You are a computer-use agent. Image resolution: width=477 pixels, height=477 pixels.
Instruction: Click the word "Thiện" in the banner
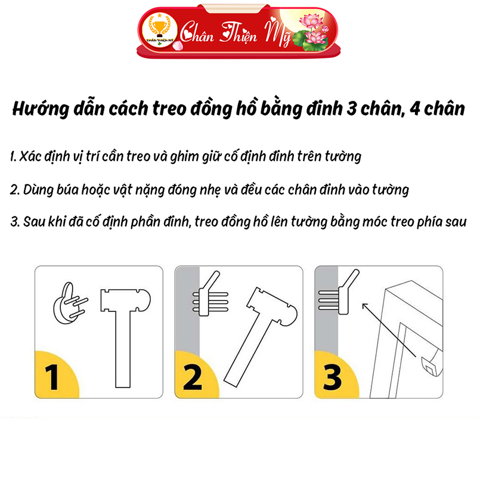pos(239,33)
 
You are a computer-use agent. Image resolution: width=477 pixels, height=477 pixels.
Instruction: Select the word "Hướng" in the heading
pos(41,109)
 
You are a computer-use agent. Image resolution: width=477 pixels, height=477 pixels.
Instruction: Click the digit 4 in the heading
pos(415,109)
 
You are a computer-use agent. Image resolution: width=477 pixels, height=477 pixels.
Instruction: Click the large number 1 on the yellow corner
pos(52,377)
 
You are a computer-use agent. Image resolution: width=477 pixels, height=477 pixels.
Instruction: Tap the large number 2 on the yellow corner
pos(193,377)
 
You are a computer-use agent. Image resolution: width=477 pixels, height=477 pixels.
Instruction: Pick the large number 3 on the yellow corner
pos(332,377)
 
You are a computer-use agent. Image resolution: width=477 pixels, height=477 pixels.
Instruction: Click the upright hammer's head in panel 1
pos(125,301)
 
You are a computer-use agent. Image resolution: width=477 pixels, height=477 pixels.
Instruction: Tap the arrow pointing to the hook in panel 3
pos(389,330)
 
